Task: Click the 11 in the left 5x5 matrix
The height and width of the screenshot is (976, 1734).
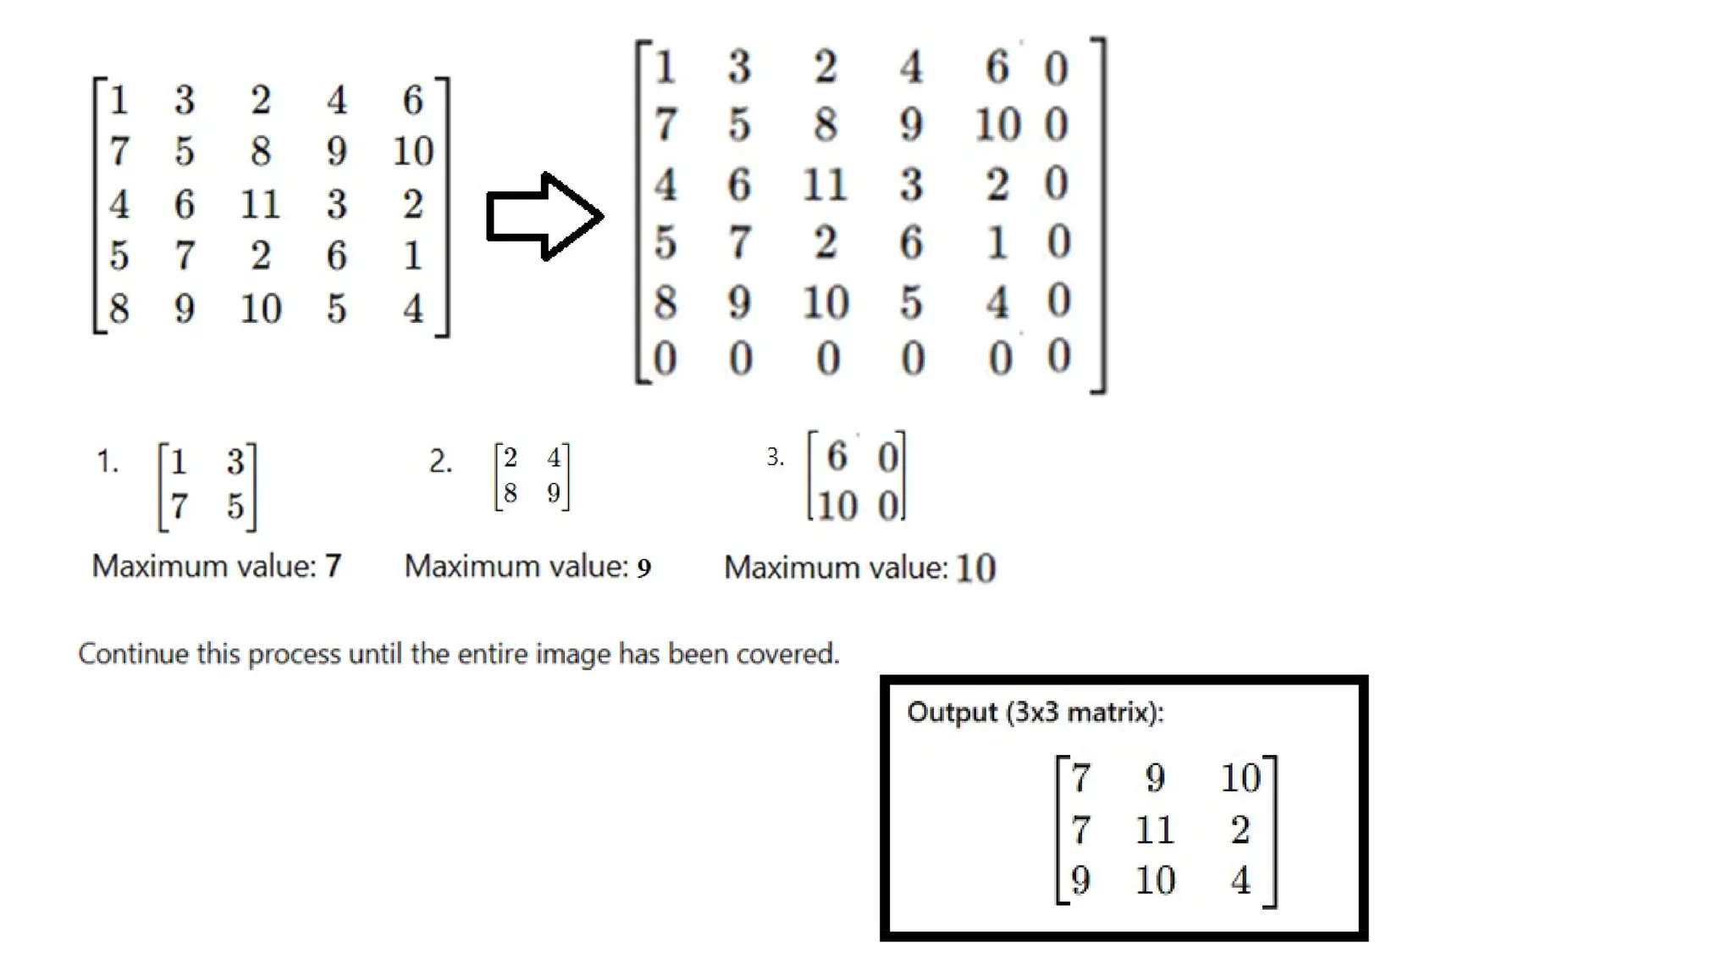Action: tap(259, 204)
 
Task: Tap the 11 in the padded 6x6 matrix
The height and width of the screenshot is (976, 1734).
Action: tap(824, 185)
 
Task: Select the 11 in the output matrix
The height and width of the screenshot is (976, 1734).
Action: tap(1154, 830)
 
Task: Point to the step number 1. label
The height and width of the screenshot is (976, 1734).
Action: tap(108, 463)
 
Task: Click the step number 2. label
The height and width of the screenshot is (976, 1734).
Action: tap(440, 462)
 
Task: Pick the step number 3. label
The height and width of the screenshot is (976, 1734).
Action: tap(775, 457)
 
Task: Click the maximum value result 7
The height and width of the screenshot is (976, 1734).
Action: tap(333, 566)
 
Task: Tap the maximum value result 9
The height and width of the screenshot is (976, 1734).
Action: tap(643, 568)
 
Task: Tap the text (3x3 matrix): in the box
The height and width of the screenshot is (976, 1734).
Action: tap(1085, 713)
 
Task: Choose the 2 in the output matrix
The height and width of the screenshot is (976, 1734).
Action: tap(1240, 830)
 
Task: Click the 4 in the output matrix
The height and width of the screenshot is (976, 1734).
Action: tap(1240, 881)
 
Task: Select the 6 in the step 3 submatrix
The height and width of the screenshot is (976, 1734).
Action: tap(837, 457)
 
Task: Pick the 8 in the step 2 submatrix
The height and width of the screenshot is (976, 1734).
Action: tap(510, 493)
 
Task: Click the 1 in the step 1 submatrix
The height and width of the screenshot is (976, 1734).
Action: tap(178, 463)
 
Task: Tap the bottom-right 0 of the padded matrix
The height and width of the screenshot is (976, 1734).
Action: tap(1058, 357)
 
